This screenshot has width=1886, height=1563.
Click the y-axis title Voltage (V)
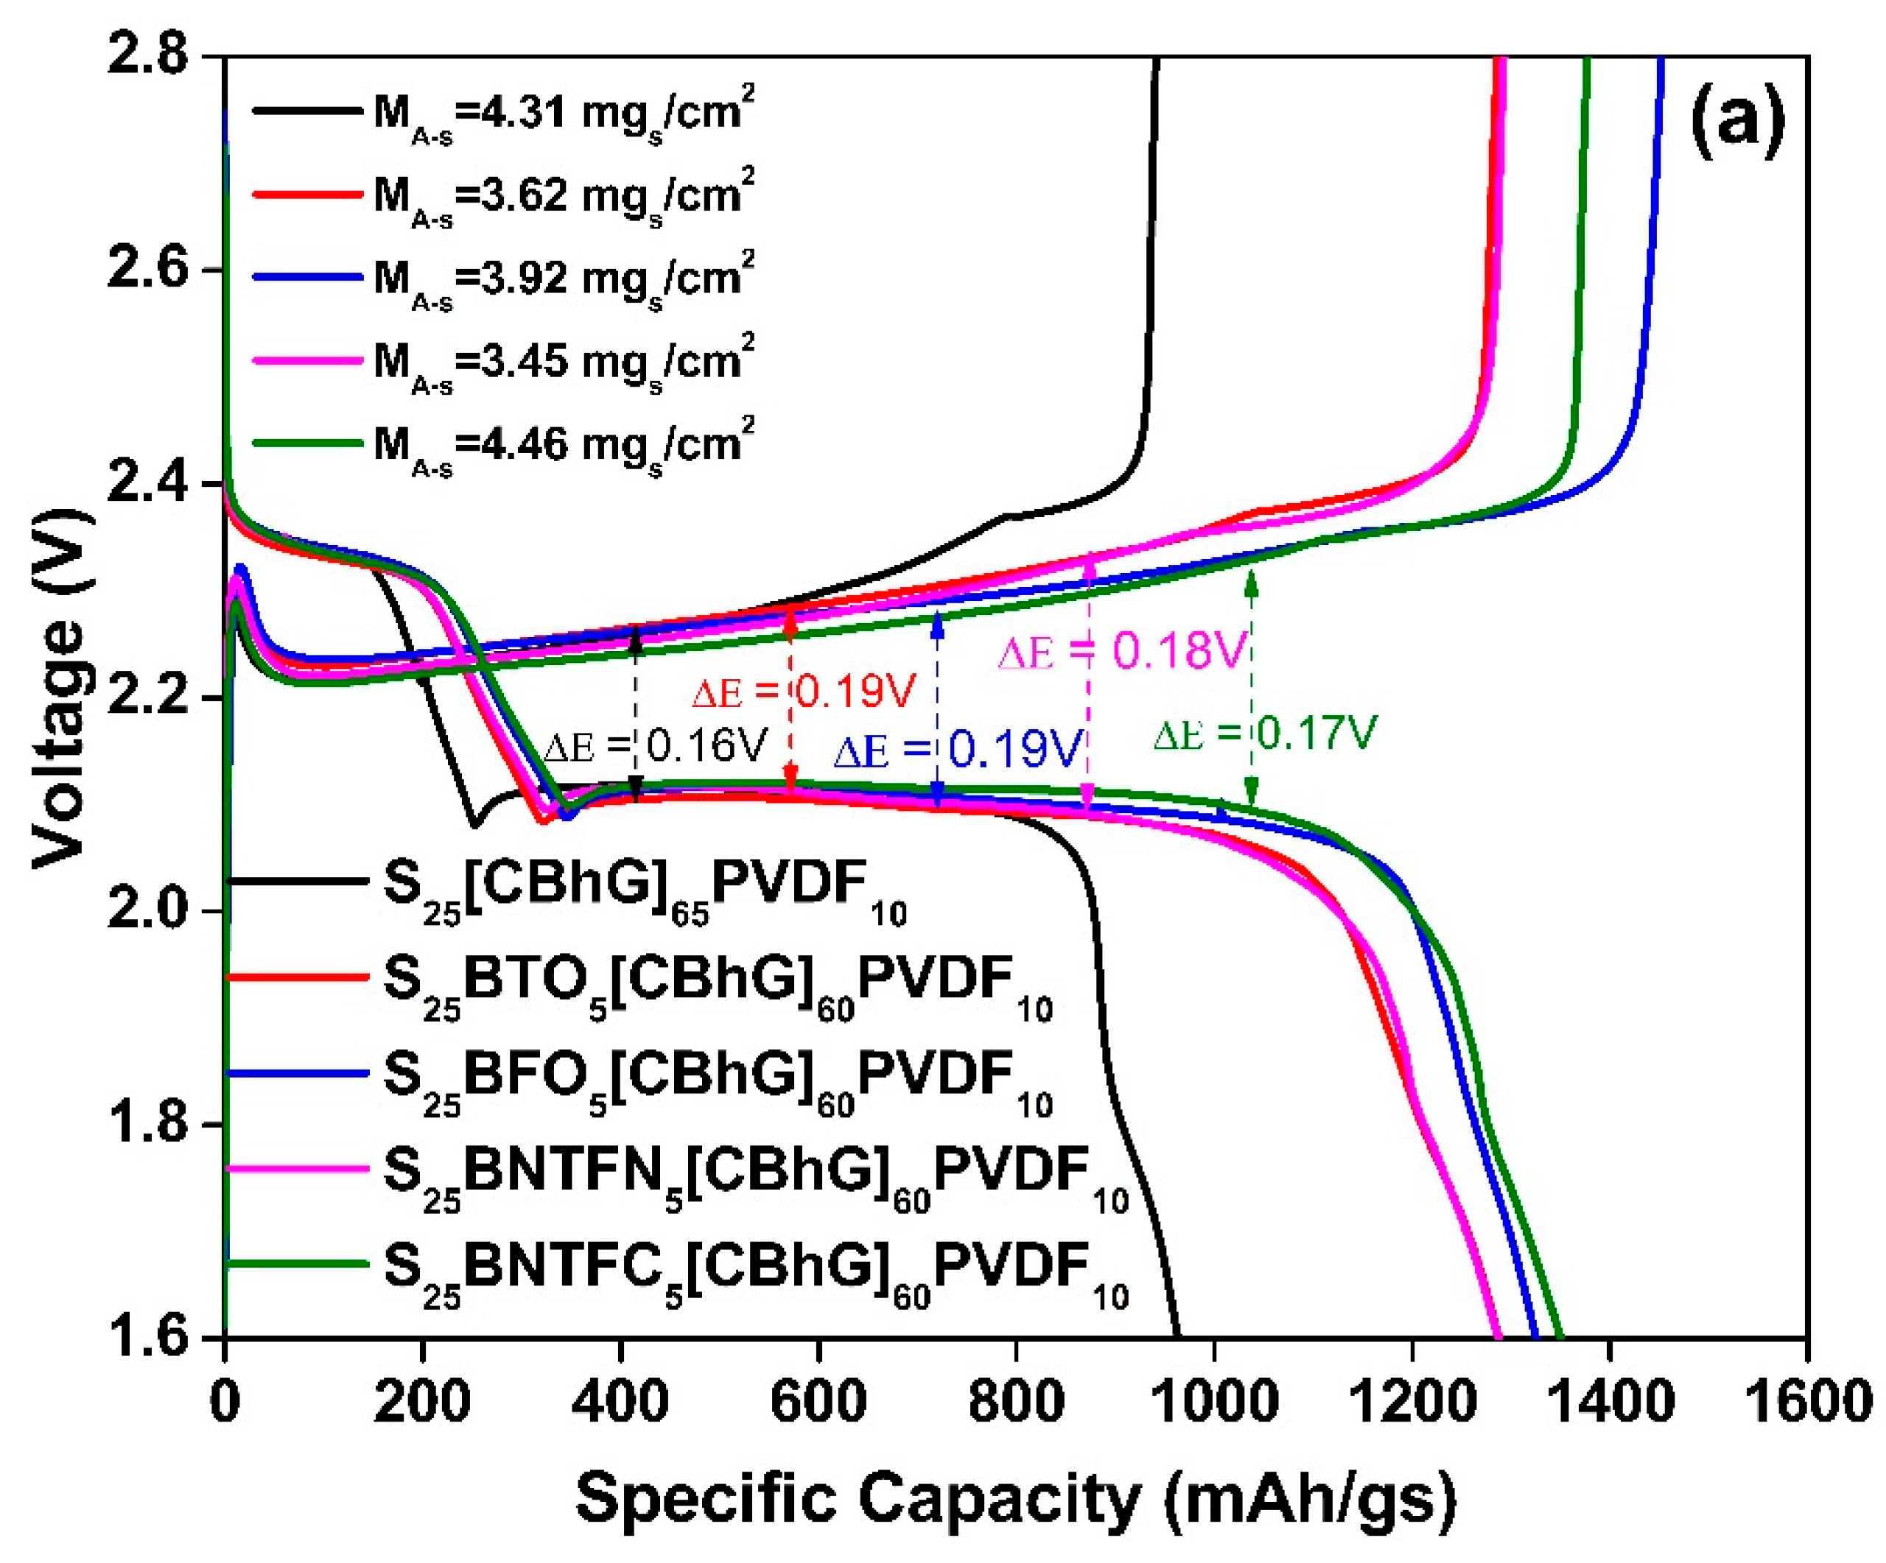[61, 689]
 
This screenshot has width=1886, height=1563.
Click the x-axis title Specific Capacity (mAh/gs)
[1015, 1498]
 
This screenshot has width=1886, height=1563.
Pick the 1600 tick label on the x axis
[1805, 1400]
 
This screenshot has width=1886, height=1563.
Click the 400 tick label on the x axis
[620, 1400]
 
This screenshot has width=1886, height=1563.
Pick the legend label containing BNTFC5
[754, 1273]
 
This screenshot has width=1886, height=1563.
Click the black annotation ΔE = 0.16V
[656, 745]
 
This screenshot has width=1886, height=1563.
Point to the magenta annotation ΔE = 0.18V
[1123, 651]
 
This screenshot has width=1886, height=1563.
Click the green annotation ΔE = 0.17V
[1264, 734]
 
